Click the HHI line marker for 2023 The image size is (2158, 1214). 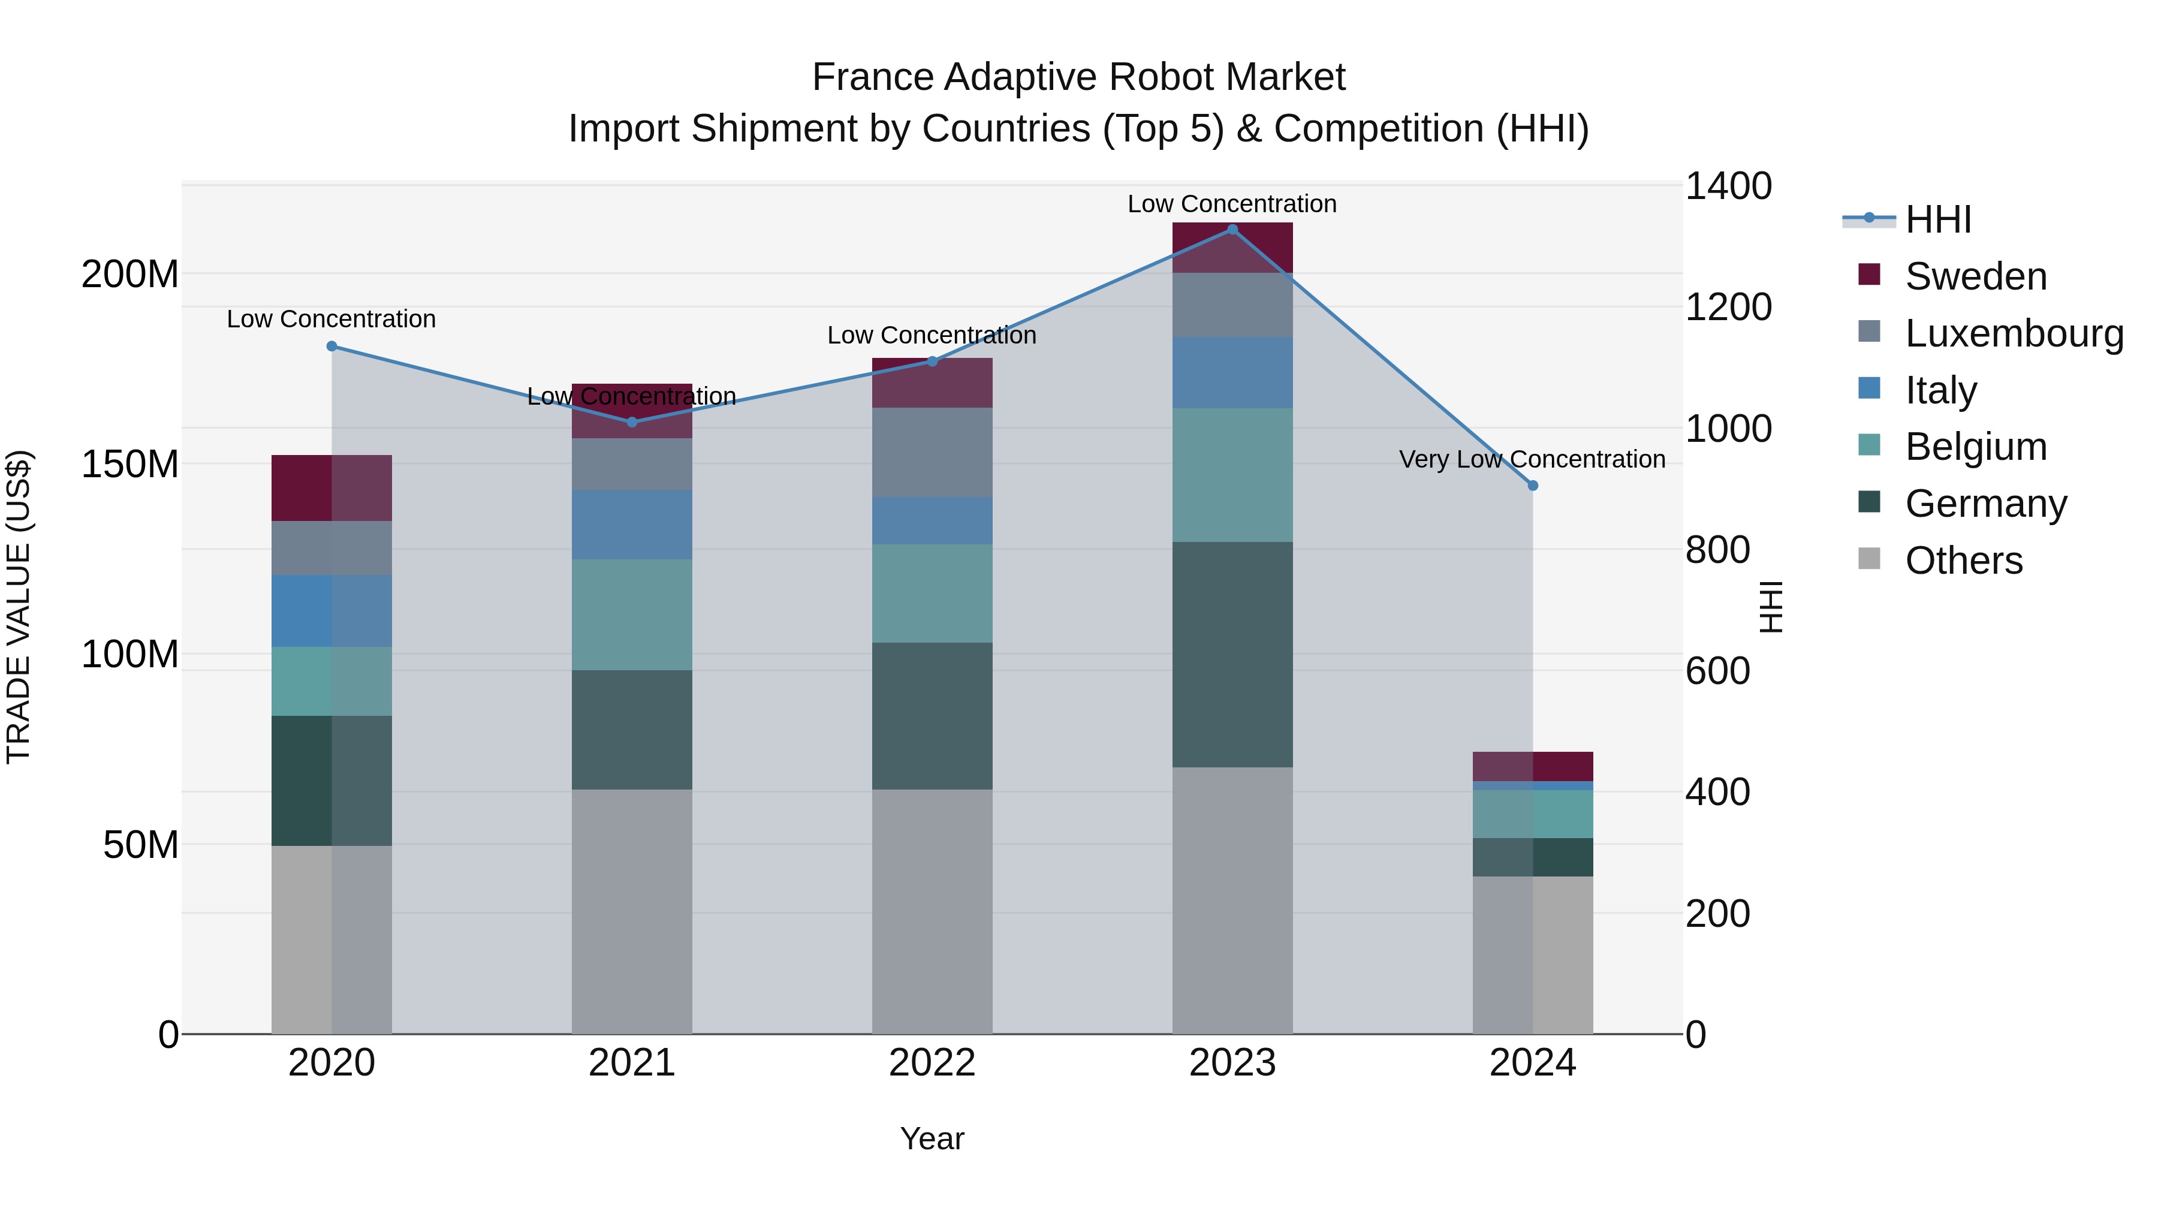click(1231, 230)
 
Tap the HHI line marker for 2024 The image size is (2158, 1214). click(1532, 485)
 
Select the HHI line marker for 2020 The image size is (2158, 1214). click(331, 346)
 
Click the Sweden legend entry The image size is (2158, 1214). click(1975, 276)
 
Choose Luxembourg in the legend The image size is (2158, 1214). click(2013, 333)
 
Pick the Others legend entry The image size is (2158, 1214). click(1963, 561)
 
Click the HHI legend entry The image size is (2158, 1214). click(1937, 219)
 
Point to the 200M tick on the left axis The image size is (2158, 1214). click(130, 274)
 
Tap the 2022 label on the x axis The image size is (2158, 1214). click(932, 1063)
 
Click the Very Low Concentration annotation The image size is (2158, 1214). click(1532, 459)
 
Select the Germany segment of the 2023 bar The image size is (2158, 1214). click(1231, 653)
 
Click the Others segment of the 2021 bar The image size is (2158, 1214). click(632, 911)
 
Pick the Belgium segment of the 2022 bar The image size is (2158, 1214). click(932, 593)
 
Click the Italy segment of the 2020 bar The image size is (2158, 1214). click(331, 611)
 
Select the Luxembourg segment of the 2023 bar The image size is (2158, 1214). click(1231, 305)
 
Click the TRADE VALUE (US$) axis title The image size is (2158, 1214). click(19, 607)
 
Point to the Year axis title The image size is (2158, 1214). click(932, 1138)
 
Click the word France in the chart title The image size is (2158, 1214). click(872, 77)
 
